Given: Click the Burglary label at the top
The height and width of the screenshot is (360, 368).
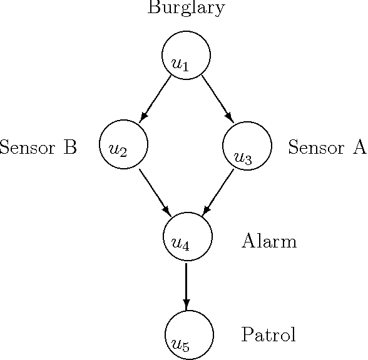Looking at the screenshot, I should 186,8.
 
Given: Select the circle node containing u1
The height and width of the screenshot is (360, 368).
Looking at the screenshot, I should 186,56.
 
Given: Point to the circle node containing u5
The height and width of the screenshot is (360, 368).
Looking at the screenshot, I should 189,335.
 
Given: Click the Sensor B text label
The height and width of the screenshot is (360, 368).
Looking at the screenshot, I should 38,147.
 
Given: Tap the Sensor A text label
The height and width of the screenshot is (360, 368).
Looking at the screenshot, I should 327,147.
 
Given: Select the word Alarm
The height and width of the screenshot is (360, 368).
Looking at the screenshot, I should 268,241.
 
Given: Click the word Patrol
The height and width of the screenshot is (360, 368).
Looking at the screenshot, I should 268,335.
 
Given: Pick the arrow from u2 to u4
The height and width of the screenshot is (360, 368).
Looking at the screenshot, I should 155,191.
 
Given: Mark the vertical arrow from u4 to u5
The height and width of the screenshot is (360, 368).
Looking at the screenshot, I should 187,286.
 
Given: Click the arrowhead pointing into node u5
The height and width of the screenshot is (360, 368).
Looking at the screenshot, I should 187,304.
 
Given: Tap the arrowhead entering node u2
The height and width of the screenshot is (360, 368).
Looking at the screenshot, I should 143,117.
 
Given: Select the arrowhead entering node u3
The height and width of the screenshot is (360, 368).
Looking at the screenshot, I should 229,117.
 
